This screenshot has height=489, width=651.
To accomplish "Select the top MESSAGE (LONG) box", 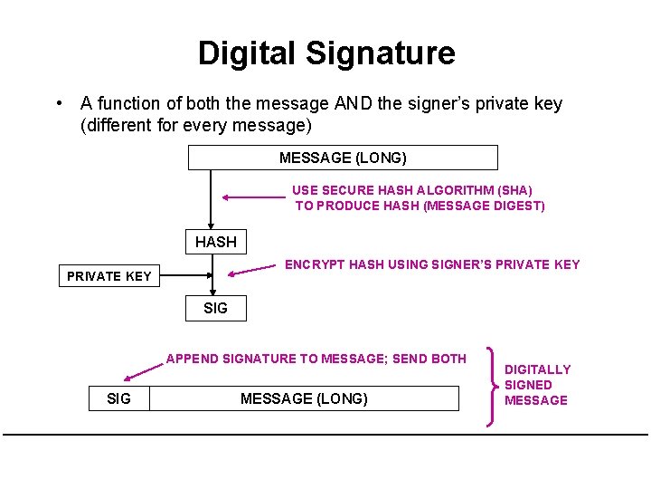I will (x=343, y=158).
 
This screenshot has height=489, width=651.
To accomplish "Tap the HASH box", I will (x=215, y=242).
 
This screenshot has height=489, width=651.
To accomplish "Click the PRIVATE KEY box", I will (x=109, y=276).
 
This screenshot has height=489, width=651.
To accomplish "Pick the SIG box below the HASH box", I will (x=215, y=308).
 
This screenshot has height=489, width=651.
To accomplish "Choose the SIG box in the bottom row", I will (x=118, y=398).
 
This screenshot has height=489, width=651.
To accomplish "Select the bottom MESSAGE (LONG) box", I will (x=304, y=398).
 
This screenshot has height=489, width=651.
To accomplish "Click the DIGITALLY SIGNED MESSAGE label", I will (x=537, y=385).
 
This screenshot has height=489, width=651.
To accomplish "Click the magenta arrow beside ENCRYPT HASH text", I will (x=250, y=269).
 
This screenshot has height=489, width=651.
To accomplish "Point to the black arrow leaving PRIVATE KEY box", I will (x=185, y=275).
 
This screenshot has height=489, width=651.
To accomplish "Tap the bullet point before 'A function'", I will (x=58, y=104).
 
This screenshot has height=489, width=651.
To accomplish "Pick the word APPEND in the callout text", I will (x=193, y=359).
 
